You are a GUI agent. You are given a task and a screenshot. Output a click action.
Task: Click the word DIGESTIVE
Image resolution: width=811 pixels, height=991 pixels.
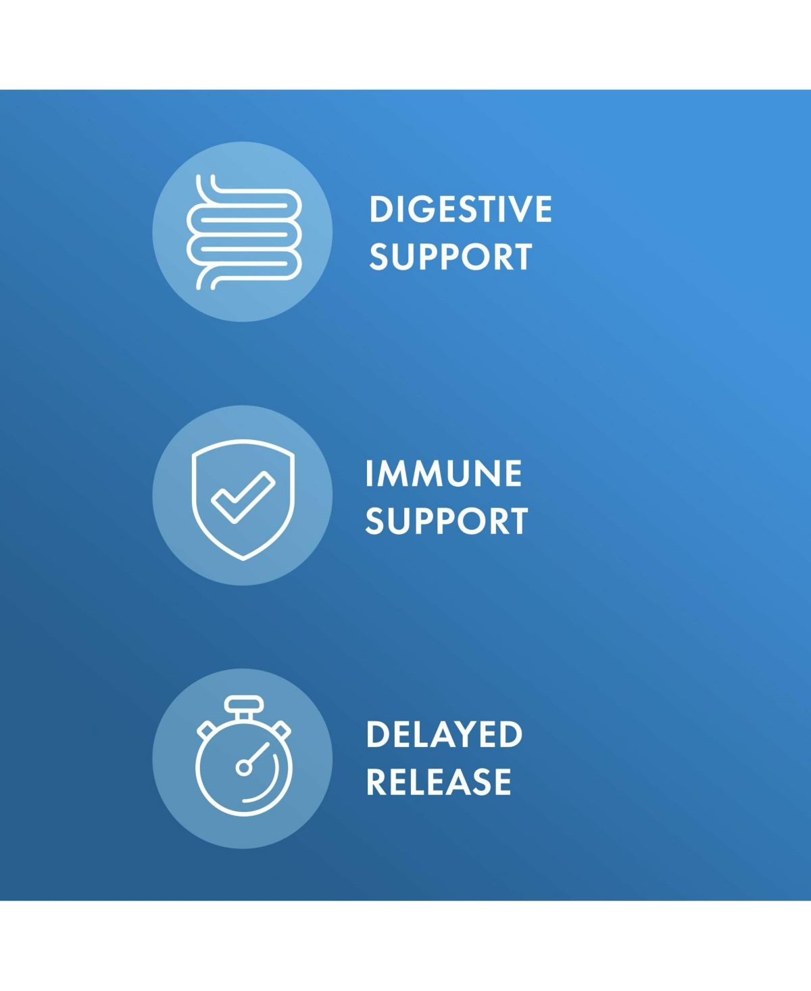(460, 209)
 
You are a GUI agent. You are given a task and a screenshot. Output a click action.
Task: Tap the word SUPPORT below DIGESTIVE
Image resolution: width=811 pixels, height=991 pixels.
(451, 257)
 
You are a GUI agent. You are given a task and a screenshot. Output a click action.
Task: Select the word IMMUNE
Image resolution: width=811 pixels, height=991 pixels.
(443, 474)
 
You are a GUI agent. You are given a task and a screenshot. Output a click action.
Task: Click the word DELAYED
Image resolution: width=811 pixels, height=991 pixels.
(444, 734)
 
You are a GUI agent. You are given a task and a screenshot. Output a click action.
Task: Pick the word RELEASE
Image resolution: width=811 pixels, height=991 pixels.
(439, 782)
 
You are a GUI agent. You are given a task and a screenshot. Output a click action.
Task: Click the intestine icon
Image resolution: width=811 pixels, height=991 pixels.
(244, 232)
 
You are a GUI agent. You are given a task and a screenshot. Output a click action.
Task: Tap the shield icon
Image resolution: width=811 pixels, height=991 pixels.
(243, 500)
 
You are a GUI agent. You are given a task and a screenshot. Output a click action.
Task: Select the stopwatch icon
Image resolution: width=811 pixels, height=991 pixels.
(243, 756)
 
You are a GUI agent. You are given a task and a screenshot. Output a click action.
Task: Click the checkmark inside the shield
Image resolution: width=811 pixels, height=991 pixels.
(243, 497)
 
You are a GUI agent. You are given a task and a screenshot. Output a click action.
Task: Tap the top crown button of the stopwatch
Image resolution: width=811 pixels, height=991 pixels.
(243, 704)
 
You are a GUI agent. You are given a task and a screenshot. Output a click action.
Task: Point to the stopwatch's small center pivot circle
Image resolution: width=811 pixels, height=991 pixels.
(243, 768)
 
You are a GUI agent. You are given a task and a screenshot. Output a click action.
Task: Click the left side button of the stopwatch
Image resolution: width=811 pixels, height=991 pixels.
(206, 731)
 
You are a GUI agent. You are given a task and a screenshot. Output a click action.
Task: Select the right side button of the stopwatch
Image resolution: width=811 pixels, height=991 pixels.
(281, 731)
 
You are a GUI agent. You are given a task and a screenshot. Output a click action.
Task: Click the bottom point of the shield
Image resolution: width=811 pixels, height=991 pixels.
(243, 560)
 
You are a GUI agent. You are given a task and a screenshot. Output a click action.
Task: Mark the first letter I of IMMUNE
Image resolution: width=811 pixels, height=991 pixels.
(369, 474)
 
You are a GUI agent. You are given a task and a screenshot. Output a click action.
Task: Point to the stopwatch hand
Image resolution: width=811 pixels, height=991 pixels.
(259, 753)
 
